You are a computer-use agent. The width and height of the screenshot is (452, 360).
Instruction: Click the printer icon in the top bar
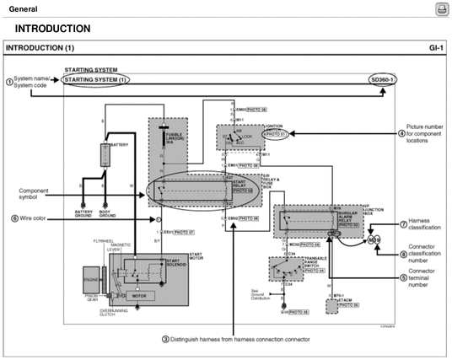point(440,8)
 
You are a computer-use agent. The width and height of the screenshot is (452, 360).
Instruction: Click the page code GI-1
point(434,48)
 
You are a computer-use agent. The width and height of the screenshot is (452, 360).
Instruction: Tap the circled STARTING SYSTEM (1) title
point(96,79)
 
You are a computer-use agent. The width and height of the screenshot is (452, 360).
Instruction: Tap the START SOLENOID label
point(178,262)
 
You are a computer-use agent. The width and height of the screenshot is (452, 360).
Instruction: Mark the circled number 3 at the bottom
point(164,339)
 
